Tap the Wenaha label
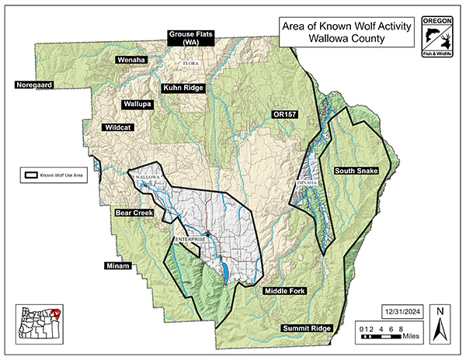click(x=132, y=60)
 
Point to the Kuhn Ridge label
click(x=183, y=88)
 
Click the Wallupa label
click(x=137, y=103)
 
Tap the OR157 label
click(x=285, y=115)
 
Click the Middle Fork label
click(x=286, y=291)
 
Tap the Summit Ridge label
click(x=307, y=328)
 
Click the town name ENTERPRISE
click(x=191, y=239)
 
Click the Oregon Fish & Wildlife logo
click(x=437, y=37)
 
